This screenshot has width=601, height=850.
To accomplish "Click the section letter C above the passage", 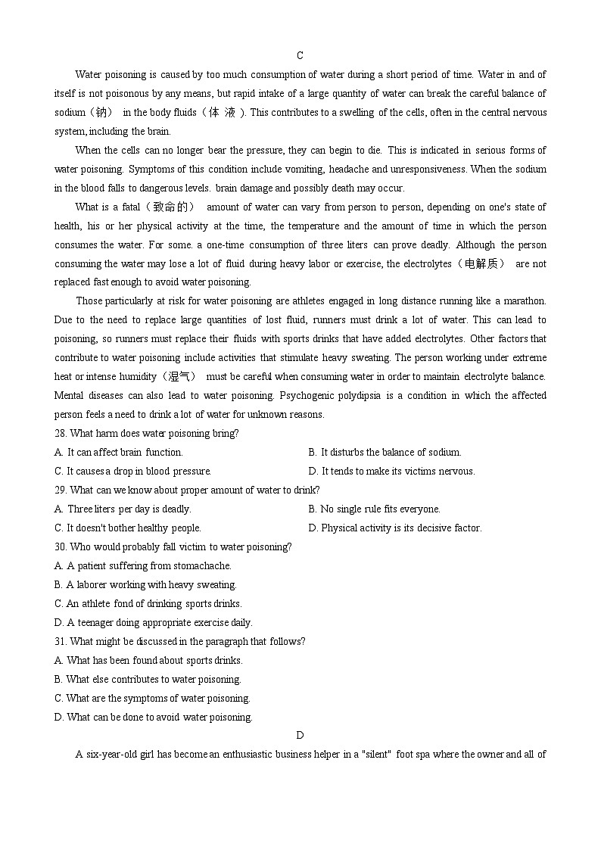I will [300, 55].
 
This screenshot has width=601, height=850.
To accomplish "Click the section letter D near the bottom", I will [300, 735].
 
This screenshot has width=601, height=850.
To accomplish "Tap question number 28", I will [61, 434].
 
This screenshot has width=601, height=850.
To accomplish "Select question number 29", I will [61, 490].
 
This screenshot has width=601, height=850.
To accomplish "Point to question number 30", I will [61, 547].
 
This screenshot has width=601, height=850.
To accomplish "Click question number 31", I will [61, 642].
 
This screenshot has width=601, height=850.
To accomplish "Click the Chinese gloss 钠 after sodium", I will [100, 113].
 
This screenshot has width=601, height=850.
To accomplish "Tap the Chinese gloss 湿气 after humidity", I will [180, 377].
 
